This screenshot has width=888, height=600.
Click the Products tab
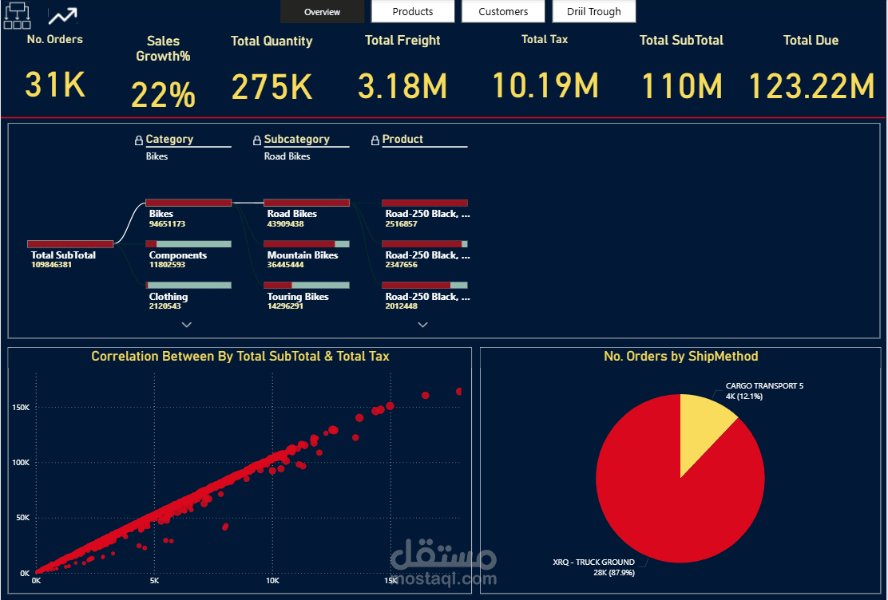413,11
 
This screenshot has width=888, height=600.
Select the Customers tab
503,11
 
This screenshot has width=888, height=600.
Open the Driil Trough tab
594,11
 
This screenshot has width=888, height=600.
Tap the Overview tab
323,11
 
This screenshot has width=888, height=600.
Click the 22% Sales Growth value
163,94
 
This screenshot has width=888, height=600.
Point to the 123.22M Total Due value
811,86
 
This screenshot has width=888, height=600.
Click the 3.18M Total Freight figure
402,86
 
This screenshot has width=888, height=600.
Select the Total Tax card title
545,39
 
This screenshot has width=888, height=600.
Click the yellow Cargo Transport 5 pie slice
702,430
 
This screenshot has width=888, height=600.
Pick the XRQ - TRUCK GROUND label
593,562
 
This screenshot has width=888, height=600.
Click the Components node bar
188,244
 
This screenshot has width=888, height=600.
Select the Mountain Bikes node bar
307,244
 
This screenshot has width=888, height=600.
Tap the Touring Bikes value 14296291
285,306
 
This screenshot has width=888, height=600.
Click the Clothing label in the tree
168,297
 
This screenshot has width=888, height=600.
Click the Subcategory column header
297,140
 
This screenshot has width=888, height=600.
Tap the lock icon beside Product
375,140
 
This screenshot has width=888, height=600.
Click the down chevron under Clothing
187,325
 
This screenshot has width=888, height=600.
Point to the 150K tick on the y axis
21,408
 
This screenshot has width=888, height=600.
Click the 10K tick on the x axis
272,581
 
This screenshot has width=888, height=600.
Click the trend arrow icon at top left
62,16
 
